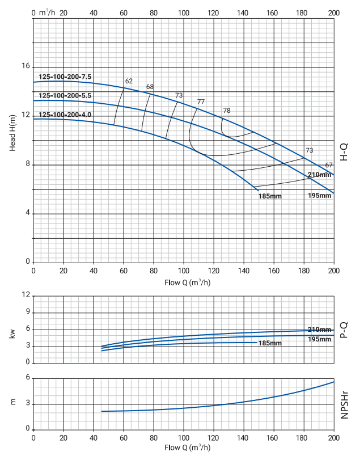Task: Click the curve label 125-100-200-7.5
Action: coord(65,77)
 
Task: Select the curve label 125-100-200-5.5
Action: coord(65,95)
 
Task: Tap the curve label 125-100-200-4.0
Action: coord(65,115)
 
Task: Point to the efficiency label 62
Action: coord(129,81)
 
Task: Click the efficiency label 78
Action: coord(227,111)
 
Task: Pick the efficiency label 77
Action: coord(201,102)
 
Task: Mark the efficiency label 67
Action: coord(329,165)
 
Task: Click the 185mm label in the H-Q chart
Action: coord(270,196)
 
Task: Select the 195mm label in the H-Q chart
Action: coord(319,196)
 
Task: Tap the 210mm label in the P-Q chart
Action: coord(319,330)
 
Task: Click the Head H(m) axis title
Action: coord(12,132)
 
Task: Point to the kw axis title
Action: coord(12,334)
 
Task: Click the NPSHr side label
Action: coord(344,403)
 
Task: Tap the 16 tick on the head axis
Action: coord(25,66)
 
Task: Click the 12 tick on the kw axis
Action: coord(26,295)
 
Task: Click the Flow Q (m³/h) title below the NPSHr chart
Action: coord(184,448)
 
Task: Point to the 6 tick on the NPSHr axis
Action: coord(27,378)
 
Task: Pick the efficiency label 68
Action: coord(150,87)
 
